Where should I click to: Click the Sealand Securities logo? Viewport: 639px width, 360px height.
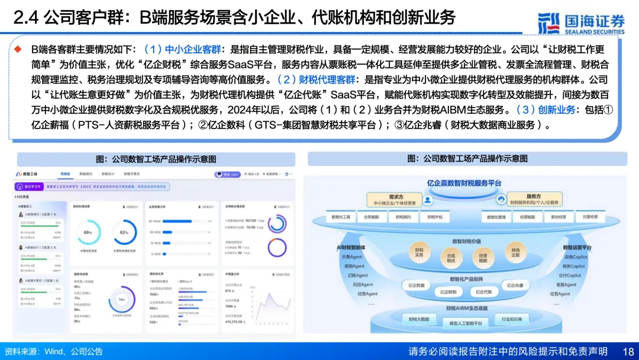click(581, 22)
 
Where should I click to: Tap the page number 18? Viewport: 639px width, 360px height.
click(628, 352)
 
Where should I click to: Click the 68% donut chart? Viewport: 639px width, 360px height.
click(88, 232)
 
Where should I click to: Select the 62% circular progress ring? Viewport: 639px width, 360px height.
click(124, 232)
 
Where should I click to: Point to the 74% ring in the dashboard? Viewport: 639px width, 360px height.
click(122, 300)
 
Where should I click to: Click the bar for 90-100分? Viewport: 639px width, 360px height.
click(185, 221)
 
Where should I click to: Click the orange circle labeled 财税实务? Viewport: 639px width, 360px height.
click(419, 251)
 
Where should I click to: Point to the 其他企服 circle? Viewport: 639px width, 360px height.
click(515, 251)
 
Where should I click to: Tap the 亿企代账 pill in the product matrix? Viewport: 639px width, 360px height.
click(484, 291)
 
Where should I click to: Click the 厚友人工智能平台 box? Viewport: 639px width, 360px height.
click(466, 323)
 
